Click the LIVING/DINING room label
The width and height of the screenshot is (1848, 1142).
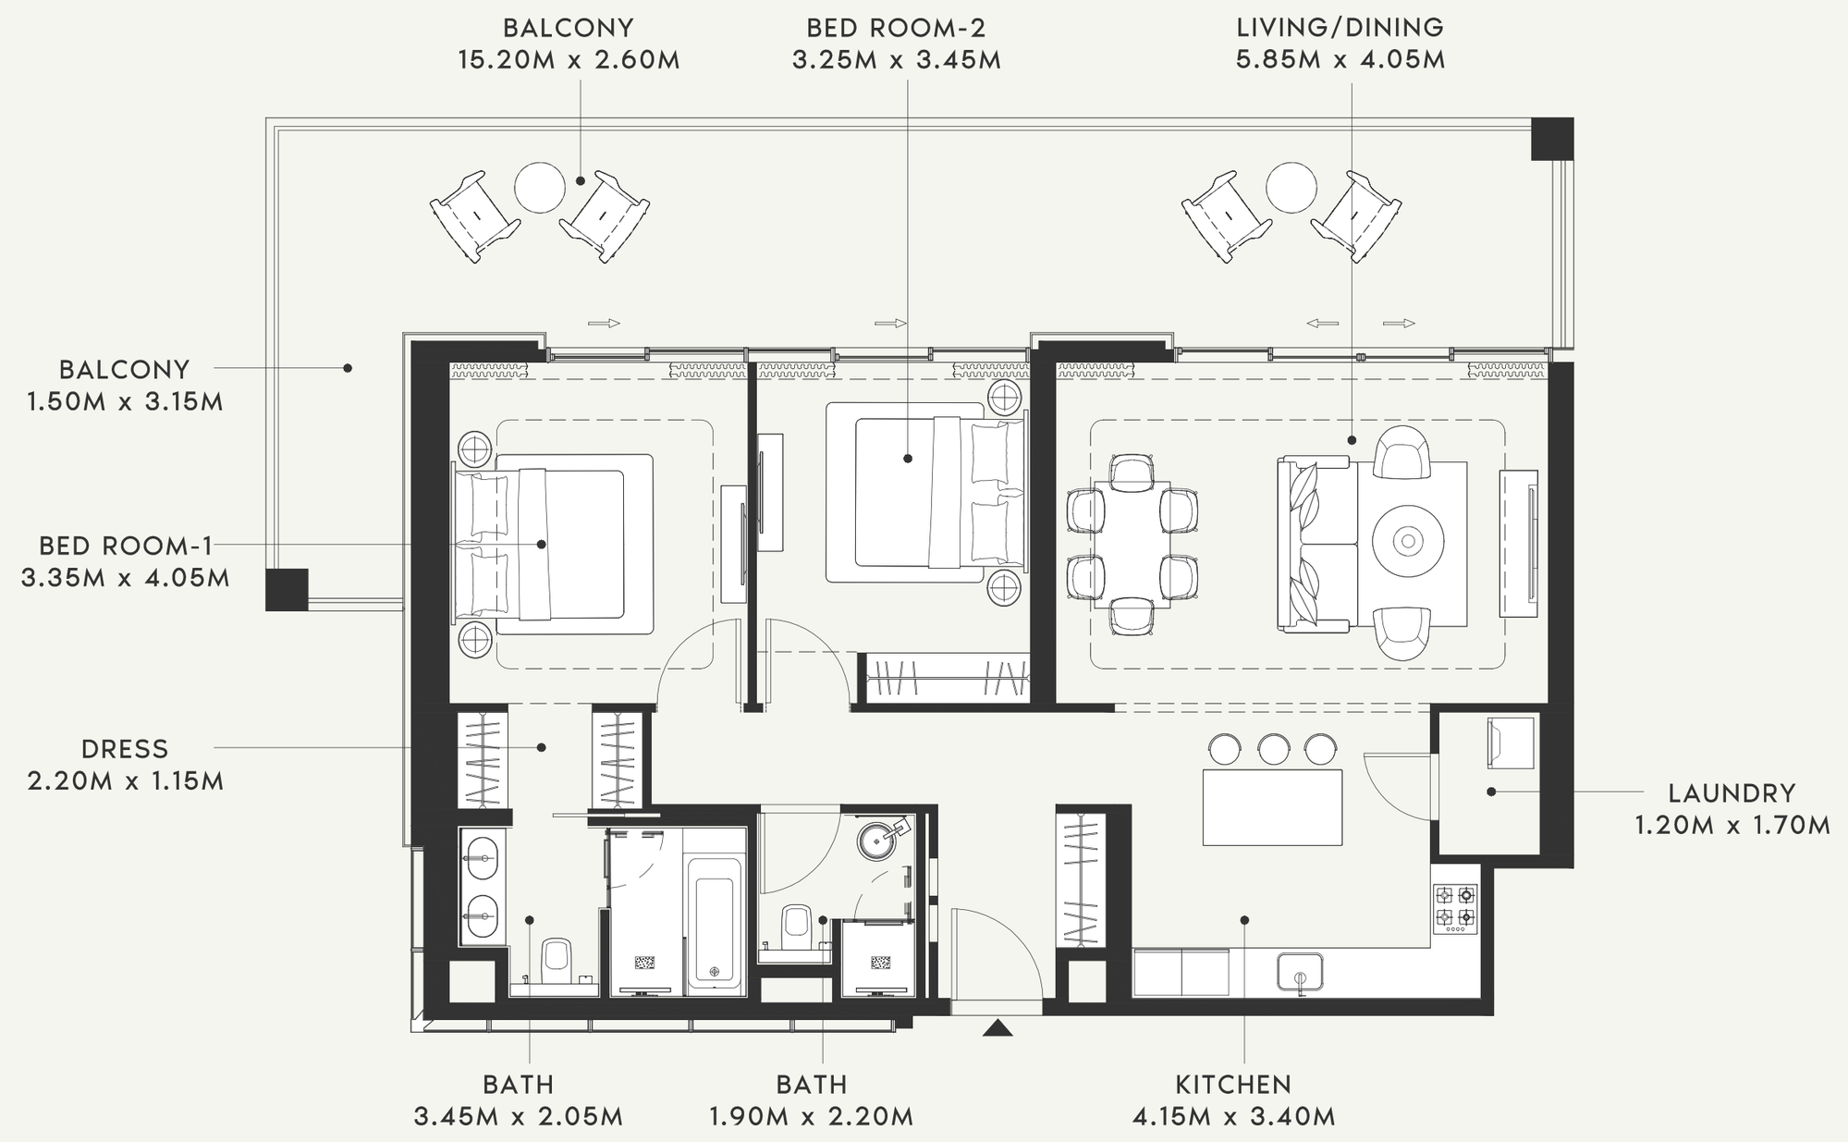click(x=1340, y=28)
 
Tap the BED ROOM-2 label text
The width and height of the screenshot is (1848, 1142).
click(x=896, y=28)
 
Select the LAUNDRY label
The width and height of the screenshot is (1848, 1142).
click(x=1732, y=793)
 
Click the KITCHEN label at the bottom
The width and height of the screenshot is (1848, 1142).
click(x=1233, y=1084)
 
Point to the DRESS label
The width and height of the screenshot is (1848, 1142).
click(x=125, y=749)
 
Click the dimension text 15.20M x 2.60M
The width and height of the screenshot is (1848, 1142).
click(x=569, y=60)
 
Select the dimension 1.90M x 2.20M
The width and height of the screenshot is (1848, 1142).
click(x=811, y=1116)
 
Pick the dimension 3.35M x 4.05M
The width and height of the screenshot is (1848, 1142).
click(x=125, y=578)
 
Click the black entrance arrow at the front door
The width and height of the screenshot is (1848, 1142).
click(x=997, y=1027)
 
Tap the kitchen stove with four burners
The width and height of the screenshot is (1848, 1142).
click(x=1455, y=908)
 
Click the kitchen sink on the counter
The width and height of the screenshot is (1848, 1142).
click(x=1300, y=974)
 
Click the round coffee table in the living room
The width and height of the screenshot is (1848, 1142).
click(x=1407, y=542)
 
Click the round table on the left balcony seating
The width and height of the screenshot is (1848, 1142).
click(x=539, y=188)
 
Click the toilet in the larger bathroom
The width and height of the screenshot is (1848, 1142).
click(x=556, y=961)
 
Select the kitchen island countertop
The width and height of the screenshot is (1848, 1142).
click(x=1272, y=807)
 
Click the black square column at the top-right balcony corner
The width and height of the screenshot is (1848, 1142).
click(x=1552, y=139)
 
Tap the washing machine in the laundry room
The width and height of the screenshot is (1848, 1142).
click(x=1511, y=743)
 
